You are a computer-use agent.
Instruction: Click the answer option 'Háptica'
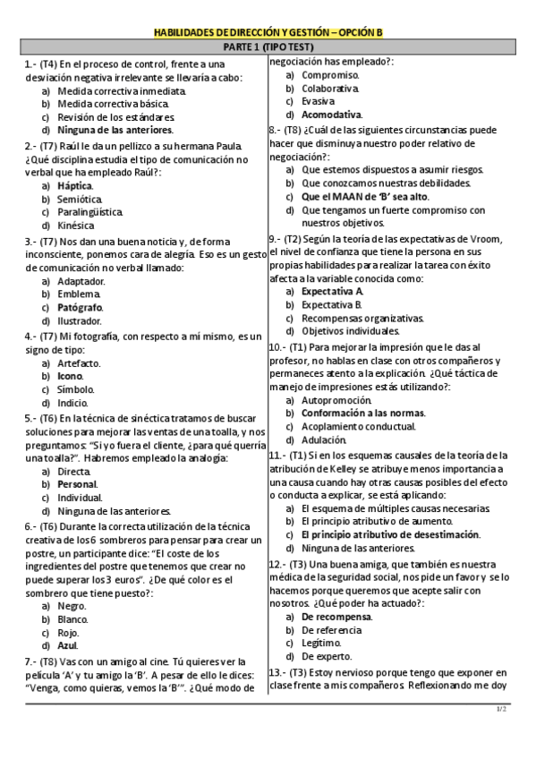(74, 185)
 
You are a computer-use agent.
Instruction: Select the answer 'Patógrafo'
(80, 307)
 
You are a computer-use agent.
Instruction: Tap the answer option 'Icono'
(70, 376)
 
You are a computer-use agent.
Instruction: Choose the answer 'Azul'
(67, 645)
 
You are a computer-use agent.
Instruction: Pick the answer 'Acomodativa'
(331, 115)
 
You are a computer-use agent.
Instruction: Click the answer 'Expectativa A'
(332, 291)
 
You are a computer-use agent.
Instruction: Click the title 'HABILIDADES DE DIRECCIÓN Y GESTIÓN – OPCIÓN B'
(268, 33)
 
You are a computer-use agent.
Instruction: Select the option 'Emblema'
(78, 294)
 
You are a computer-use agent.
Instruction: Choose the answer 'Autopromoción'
(336, 400)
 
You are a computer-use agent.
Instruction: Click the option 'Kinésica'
(76, 226)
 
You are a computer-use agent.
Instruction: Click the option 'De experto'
(328, 657)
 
